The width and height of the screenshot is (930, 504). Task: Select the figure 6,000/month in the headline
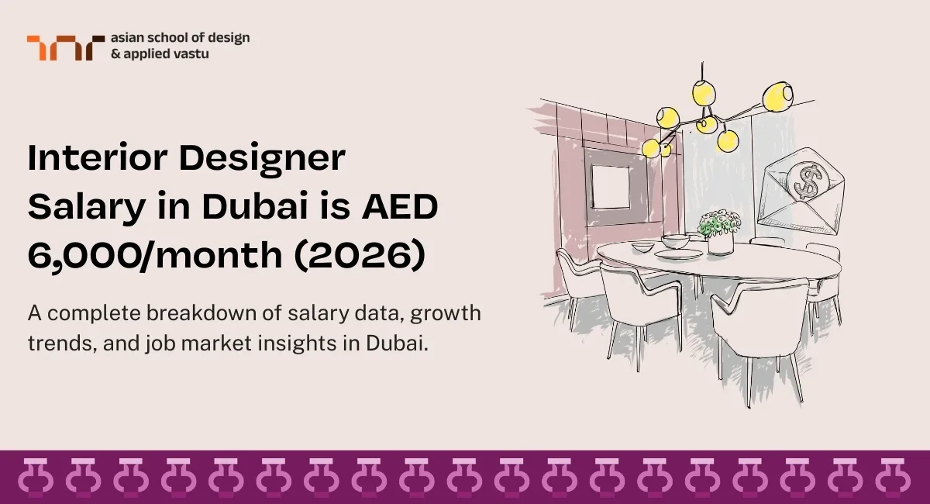pos(155,256)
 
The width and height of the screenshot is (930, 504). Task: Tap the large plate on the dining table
pos(680,253)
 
